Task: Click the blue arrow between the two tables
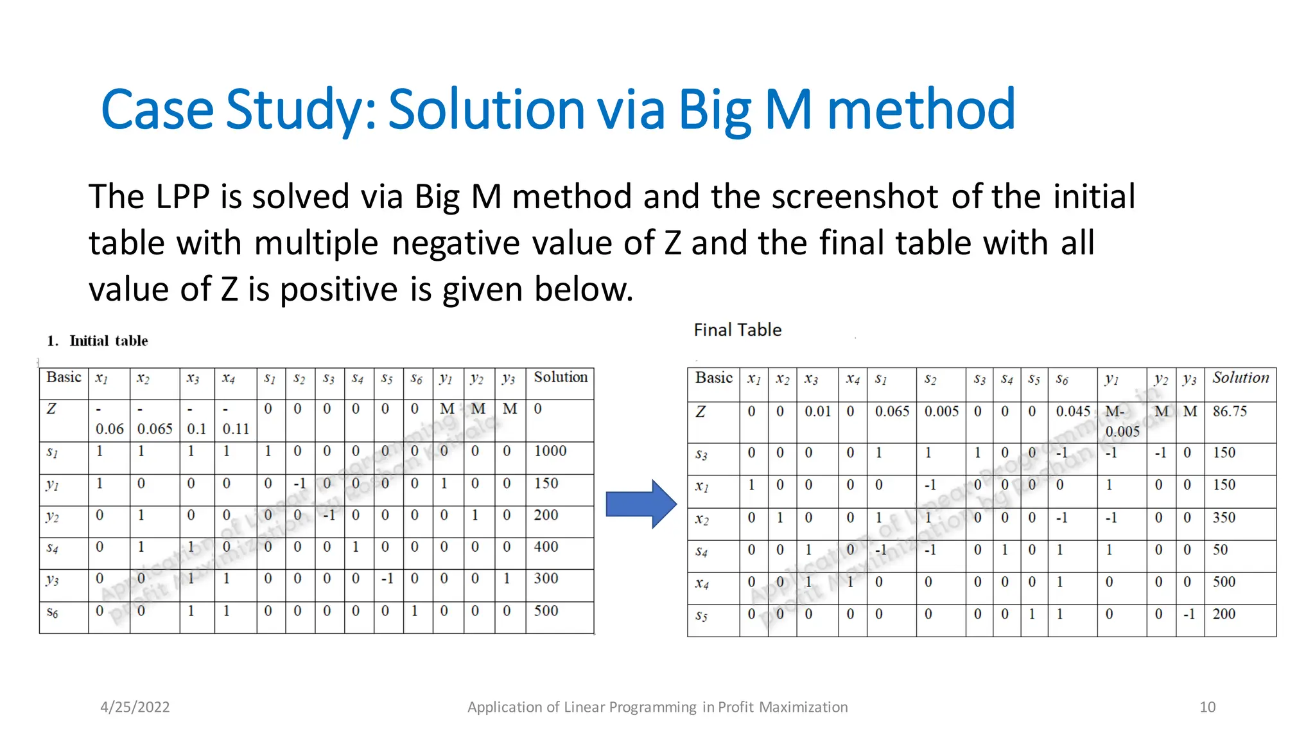click(640, 504)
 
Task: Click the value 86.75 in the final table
click(1230, 411)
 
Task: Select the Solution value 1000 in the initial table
click(550, 451)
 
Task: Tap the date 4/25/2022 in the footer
click(135, 707)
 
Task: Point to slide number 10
click(1207, 707)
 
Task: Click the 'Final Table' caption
click(738, 330)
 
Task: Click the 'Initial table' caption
click(109, 340)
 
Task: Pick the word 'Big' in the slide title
click(715, 109)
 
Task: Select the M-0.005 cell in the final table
click(1121, 421)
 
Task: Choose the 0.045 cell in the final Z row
click(1073, 411)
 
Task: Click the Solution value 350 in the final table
click(1224, 517)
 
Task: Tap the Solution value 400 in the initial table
click(546, 547)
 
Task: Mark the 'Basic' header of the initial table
click(64, 377)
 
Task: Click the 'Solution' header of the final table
click(1241, 378)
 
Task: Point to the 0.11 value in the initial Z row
click(235, 428)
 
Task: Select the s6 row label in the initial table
click(53, 612)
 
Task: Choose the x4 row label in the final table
click(702, 583)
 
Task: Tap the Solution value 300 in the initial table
click(546, 578)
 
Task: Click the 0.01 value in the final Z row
click(817, 411)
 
